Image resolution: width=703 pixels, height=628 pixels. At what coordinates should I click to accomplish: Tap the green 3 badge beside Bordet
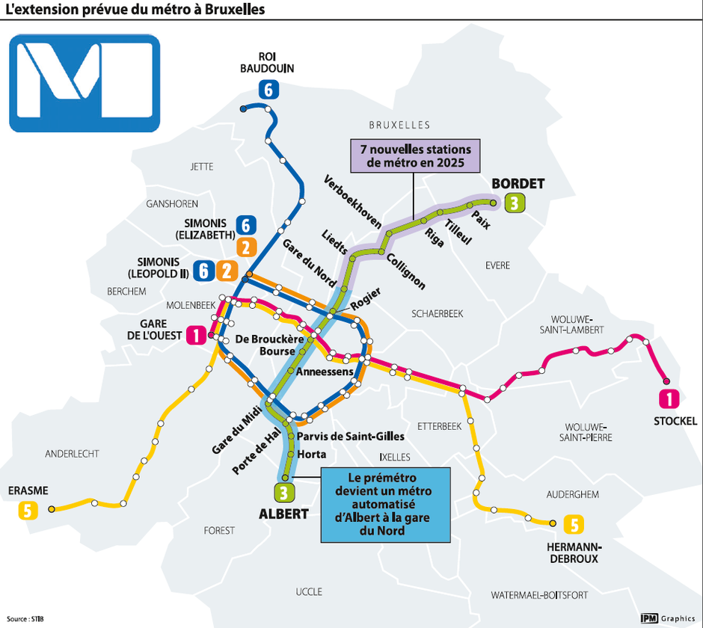click(513, 202)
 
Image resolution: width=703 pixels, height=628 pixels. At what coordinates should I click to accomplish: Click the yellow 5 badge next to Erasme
click(28, 511)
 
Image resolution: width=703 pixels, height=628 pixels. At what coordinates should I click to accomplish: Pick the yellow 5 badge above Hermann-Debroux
click(574, 526)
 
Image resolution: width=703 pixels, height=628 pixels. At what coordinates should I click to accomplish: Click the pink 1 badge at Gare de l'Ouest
click(196, 336)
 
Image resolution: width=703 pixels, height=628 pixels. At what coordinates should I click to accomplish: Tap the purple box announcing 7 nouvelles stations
click(415, 156)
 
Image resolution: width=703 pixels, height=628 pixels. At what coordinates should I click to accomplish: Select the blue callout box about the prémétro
click(386, 505)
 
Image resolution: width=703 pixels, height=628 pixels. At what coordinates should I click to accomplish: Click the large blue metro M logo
click(85, 83)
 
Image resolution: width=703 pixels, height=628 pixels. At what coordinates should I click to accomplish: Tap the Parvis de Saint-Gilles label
click(350, 437)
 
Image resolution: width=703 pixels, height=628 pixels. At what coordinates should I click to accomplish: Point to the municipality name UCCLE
click(309, 591)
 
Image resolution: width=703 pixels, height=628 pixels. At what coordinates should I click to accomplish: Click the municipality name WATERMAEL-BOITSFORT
click(539, 595)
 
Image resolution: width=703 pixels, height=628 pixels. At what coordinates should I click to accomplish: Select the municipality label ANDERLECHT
click(72, 454)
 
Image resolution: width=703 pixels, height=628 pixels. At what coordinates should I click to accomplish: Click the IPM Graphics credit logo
click(668, 618)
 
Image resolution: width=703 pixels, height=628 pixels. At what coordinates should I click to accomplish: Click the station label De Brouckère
click(269, 339)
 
